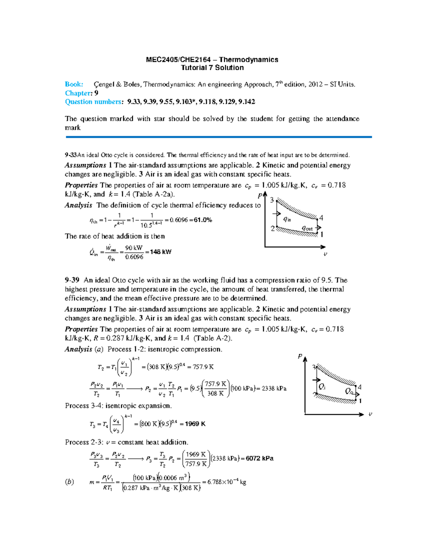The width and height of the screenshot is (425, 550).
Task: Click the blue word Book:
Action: (x=74, y=84)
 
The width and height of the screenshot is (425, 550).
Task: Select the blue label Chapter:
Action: (x=78, y=93)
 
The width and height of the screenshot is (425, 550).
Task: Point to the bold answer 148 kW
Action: (x=160, y=252)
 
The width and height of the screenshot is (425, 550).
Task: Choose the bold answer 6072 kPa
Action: (x=260, y=458)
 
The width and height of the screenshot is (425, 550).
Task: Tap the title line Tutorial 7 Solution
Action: (x=212, y=68)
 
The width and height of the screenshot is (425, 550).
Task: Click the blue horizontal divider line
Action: (x=218, y=137)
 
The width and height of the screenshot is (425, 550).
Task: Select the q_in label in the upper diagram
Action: (x=287, y=219)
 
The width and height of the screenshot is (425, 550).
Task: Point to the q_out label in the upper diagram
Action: (x=307, y=228)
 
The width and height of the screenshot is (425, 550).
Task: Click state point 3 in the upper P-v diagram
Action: (x=272, y=200)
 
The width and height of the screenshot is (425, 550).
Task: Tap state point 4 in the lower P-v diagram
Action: (x=359, y=387)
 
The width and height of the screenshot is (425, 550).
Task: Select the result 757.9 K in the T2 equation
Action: (x=203, y=367)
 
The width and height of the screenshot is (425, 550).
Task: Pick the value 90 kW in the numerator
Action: (x=134, y=248)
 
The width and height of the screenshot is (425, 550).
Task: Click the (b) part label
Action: (x=69, y=482)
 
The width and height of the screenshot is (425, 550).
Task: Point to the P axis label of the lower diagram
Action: (x=300, y=356)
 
